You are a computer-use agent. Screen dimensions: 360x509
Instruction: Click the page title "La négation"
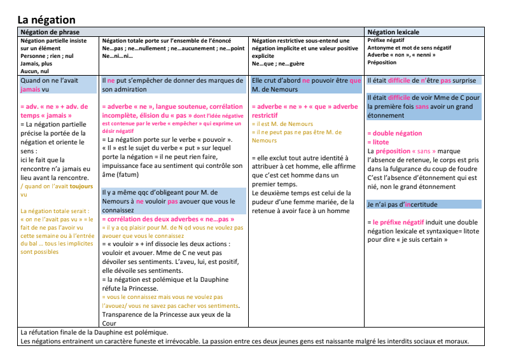click(x=46, y=20)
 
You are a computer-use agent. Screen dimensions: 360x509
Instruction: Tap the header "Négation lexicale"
click(x=393, y=32)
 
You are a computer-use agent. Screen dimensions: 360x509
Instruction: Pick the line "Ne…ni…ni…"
click(x=118, y=56)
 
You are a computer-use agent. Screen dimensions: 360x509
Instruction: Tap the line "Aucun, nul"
click(x=36, y=71)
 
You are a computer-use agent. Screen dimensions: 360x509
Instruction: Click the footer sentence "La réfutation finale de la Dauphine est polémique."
click(x=94, y=332)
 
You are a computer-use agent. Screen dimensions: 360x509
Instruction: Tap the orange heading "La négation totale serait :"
click(x=57, y=211)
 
